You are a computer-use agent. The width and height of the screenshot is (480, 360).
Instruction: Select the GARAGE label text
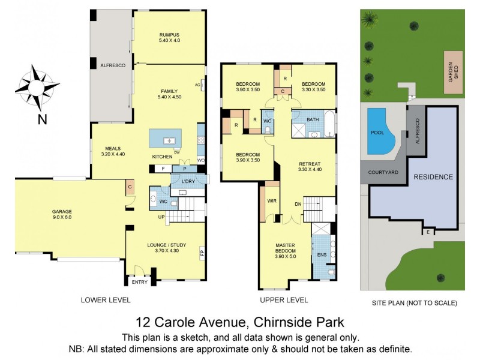coord(61,211)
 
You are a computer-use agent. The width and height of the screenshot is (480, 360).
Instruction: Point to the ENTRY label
coord(139,282)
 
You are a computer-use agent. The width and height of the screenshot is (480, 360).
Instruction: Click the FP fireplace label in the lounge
coord(202,252)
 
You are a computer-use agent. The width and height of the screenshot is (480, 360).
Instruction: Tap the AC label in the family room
coord(197,85)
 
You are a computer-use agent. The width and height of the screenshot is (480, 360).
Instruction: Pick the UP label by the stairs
coord(161,217)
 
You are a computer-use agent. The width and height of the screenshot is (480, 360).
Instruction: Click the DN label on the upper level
coord(298,205)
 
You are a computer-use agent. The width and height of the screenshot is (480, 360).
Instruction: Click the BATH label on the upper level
coord(312,119)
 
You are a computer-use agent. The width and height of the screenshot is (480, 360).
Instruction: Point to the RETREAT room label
coord(310,163)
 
